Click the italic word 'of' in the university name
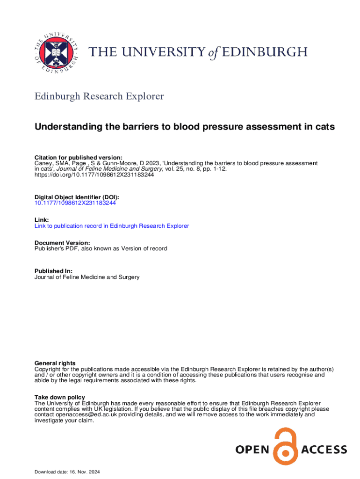(x=214, y=53)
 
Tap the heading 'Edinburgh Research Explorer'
(x=99, y=96)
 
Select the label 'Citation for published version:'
(x=79, y=157)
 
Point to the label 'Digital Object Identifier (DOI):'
(x=80, y=198)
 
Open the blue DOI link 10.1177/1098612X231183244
(x=75, y=203)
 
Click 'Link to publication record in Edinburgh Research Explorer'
(x=112, y=226)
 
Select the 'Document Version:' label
(x=62, y=243)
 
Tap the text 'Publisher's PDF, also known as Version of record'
(x=101, y=248)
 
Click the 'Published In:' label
(x=53, y=271)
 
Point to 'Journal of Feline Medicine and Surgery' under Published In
(x=87, y=277)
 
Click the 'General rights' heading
(x=55, y=363)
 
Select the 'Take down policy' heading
(x=60, y=397)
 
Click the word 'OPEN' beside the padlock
(x=252, y=450)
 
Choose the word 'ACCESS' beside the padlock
(x=324, y=450)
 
